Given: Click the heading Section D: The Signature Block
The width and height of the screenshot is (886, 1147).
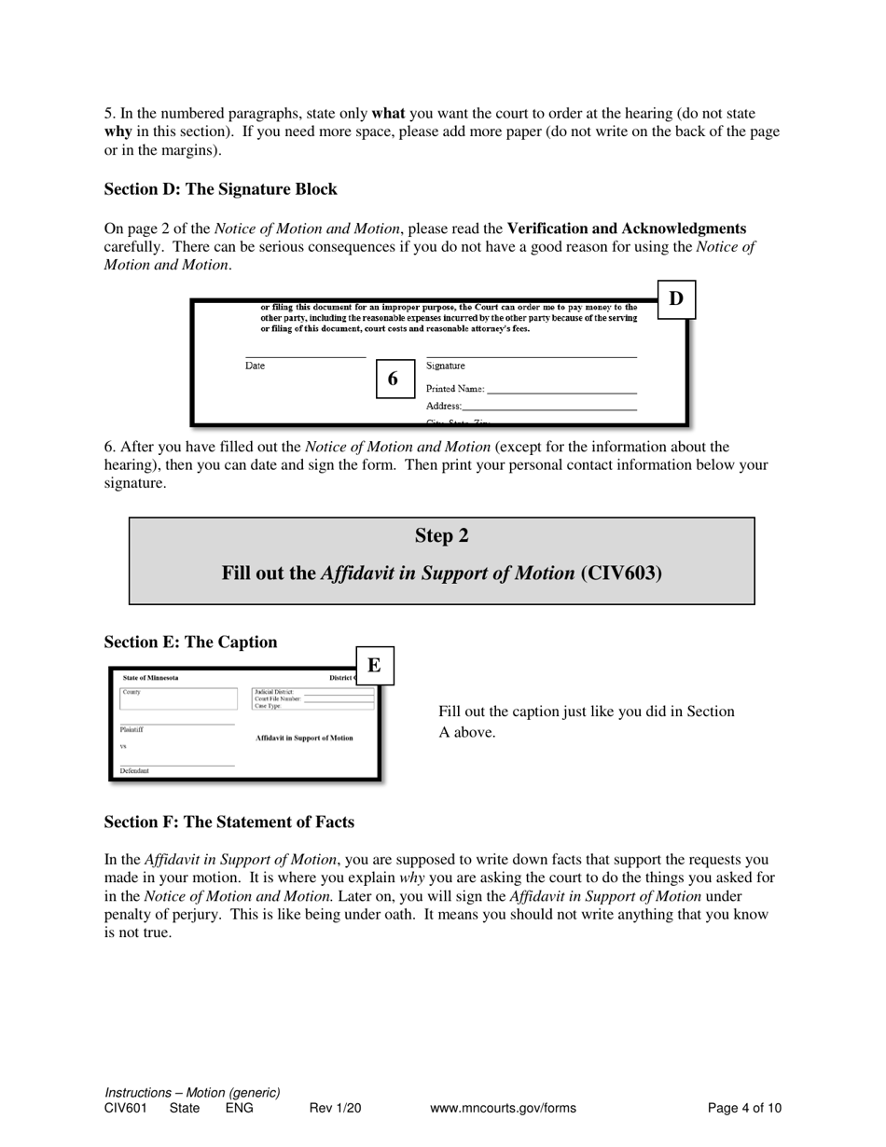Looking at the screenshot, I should point(220,189).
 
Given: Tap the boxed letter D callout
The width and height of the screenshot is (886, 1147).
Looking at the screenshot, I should point(676,299).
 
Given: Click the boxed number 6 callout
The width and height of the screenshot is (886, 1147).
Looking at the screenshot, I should point(393,379).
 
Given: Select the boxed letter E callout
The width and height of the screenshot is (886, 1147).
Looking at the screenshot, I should point(374,666).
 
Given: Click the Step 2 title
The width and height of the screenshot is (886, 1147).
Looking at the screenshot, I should point(441,536).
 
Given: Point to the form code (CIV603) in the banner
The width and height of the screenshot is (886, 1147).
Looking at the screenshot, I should point(621,573).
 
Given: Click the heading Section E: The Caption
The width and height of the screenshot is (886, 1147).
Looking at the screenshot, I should point(190,643).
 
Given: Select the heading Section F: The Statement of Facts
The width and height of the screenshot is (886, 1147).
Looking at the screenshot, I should point(228,822).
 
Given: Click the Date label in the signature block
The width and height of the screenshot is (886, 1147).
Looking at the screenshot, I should point(255,366).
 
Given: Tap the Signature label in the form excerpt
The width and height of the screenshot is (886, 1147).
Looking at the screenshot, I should point(446,366).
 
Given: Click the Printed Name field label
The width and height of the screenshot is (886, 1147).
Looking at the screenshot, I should point(455,389).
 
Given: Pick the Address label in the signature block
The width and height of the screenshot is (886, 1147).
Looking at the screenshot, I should point(444,407).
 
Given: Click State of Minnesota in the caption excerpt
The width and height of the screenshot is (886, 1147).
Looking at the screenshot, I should point(151,678).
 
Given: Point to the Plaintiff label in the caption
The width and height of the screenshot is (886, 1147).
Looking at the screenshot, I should point(132,730).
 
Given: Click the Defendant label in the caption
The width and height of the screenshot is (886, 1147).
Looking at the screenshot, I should point(134,771).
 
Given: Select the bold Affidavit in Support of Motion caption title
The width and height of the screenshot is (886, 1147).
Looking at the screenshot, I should point(304,738).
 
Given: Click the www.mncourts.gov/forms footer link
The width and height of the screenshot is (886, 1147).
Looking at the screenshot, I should point(503,1109).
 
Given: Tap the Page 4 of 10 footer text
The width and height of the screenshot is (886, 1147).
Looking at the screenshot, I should point(744,1109).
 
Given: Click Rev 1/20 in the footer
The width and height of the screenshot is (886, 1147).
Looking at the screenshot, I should point(335,1109).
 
